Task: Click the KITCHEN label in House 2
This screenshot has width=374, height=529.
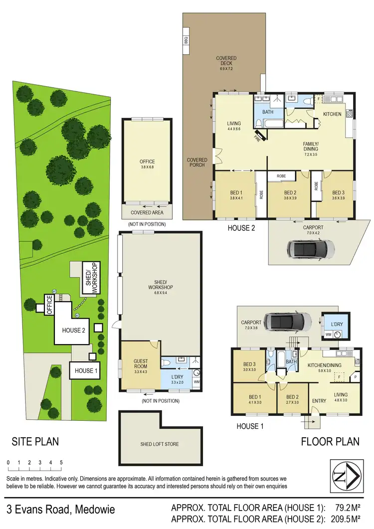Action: pyautogui.click(x=332, y=114)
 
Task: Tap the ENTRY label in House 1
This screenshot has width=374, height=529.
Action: pyautogui.click(x=319, y=401)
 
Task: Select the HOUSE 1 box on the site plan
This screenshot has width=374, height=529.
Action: pyautogui.click(x=84, y=370)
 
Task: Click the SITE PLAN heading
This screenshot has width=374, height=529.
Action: pyautogui.click(x=35, y=441)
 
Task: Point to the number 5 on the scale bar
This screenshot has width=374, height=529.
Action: pyautogui.click(x=61, y=462)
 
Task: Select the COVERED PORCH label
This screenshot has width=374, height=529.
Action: pyautogui.click(x=197, y=163)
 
